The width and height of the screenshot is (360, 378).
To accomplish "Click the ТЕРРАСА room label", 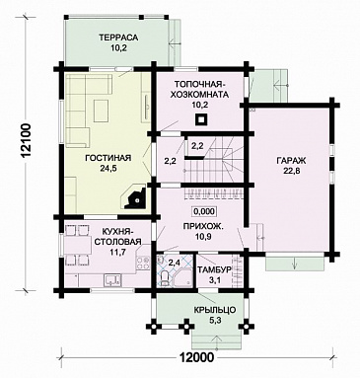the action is point(118,38).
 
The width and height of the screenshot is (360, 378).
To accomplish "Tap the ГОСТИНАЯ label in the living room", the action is point(108,158).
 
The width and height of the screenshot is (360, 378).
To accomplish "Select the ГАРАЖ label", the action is point(291,161).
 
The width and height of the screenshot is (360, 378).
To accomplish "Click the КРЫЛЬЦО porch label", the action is point(215,310).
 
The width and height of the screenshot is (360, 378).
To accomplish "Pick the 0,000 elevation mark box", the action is point(204,211).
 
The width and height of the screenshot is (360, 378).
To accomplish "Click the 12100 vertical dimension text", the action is point(28,142).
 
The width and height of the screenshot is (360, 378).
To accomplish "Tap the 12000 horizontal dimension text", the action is point(196,356).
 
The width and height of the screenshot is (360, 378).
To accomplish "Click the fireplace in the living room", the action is point(135,196).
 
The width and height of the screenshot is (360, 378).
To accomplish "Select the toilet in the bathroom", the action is point(163,279).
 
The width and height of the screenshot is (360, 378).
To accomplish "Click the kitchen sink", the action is point(112,280).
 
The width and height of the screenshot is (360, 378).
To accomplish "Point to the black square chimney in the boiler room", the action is point(200,119).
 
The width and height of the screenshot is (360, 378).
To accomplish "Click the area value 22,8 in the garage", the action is point(291,171).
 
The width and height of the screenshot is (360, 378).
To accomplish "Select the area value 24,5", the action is point(108,168).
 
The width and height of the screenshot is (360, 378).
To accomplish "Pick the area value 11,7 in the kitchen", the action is point(117,252).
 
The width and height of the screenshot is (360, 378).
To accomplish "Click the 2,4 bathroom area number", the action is point(175,263).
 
